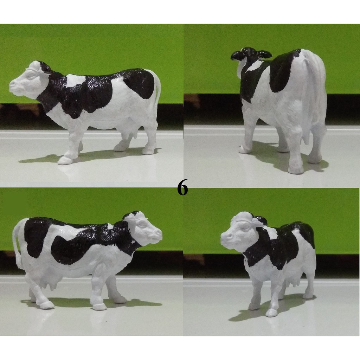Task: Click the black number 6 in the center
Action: coord(182,187)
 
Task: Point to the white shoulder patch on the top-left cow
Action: coord(76,80)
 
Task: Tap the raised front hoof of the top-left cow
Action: coord(65,160)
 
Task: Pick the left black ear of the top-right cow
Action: coord(237,56)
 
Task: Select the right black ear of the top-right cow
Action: coord(264,54)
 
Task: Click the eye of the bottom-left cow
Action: coord(142,223)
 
